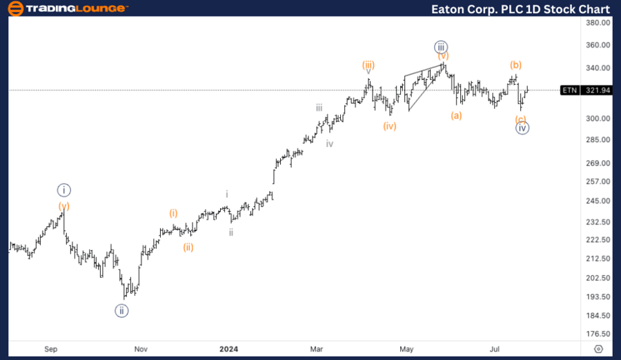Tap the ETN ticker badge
coord(569,90)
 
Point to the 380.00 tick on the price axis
coord(595,22)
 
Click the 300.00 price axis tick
coord(595,118)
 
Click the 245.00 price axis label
coord(595,201)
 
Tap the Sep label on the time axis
coord(51,349)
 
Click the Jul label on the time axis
coord(495,349)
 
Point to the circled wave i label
coord(64,190)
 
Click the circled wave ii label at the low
coord(121,310)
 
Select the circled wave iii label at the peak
coord(442,47)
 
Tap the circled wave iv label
coord(522,128)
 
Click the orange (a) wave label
coord(456,115)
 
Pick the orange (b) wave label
coord(516,65)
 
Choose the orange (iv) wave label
coord(391,126)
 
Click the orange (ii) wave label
coord(188,247)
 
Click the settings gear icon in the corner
coord(598,349)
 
